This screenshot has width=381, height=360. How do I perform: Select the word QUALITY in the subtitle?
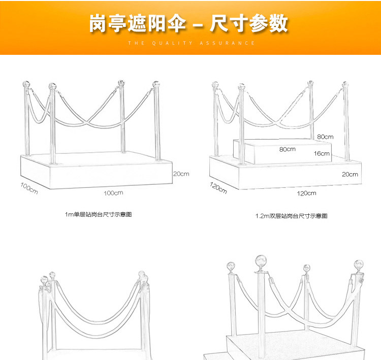(172, 43)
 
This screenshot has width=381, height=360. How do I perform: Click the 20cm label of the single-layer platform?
(181, 174)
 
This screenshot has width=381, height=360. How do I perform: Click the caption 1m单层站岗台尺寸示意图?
(99, 215)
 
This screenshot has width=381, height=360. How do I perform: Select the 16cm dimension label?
(322, 153)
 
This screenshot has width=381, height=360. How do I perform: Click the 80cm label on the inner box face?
(287, 149)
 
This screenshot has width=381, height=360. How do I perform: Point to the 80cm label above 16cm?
(325, 137)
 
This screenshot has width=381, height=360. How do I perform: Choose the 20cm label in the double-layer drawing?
(350, 174)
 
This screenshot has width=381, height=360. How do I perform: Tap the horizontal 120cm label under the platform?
(306, 193)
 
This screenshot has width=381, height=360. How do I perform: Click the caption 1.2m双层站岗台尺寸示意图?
(291, 216)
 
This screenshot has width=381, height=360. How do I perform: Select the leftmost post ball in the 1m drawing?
(23, 83)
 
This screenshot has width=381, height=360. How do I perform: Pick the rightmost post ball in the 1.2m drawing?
(345, 84)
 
